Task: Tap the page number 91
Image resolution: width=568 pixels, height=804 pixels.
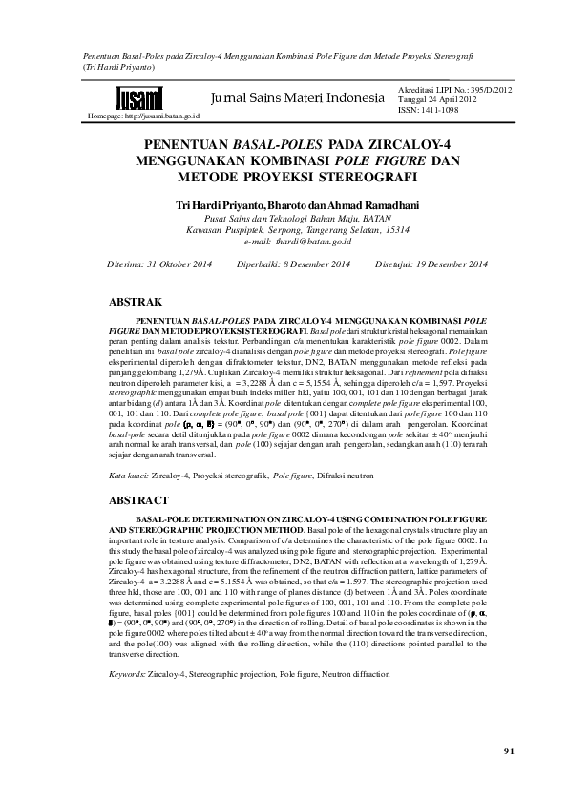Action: click(509, 751)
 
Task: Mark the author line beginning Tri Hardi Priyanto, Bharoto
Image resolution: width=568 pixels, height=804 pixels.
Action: click(284, 205)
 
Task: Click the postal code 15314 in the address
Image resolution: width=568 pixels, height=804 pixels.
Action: click(391, 230)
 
